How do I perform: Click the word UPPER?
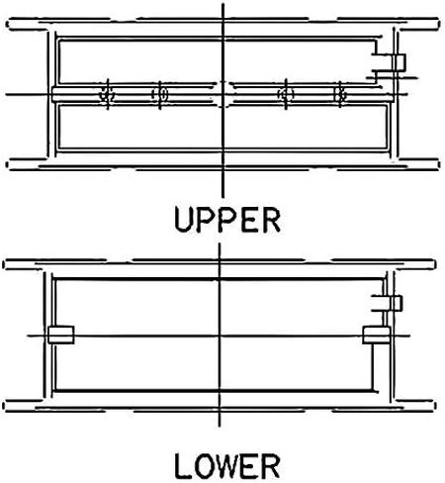tap(227, 220)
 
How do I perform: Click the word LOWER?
tap(227, 466)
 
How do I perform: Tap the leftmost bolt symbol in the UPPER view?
tap(108, 95)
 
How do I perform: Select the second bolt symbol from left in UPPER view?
tap(160, 95)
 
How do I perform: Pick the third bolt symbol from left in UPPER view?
tap(286, 95)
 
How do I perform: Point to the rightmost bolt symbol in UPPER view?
tap(340, 95)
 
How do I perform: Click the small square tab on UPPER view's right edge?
tap(399, 62)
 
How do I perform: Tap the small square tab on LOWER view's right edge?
tap(396, 304)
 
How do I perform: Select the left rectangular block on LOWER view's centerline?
tap(60, 335)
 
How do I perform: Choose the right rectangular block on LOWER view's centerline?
tap(376, 335)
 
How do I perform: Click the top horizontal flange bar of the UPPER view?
tap(223, 25)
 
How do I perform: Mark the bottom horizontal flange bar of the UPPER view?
tap(223, 164)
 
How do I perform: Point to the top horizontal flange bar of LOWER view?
tap(220, 264)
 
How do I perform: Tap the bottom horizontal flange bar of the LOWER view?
tap(220, 406)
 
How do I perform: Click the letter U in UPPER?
tap(183, 220)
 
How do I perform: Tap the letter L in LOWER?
tap(182, 466)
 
